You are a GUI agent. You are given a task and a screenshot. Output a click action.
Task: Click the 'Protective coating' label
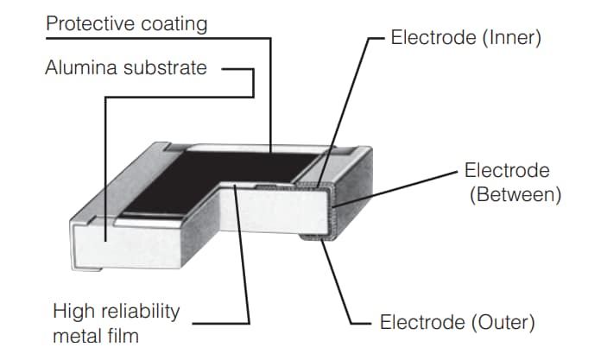click(126, 23)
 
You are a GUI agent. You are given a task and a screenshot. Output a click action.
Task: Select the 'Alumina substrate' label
click(126, 67)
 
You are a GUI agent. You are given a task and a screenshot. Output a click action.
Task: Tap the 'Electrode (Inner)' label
click(465, 39)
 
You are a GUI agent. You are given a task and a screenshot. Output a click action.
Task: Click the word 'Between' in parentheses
click(515, 194)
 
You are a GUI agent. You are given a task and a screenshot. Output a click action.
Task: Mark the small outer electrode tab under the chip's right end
click(313, 237)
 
